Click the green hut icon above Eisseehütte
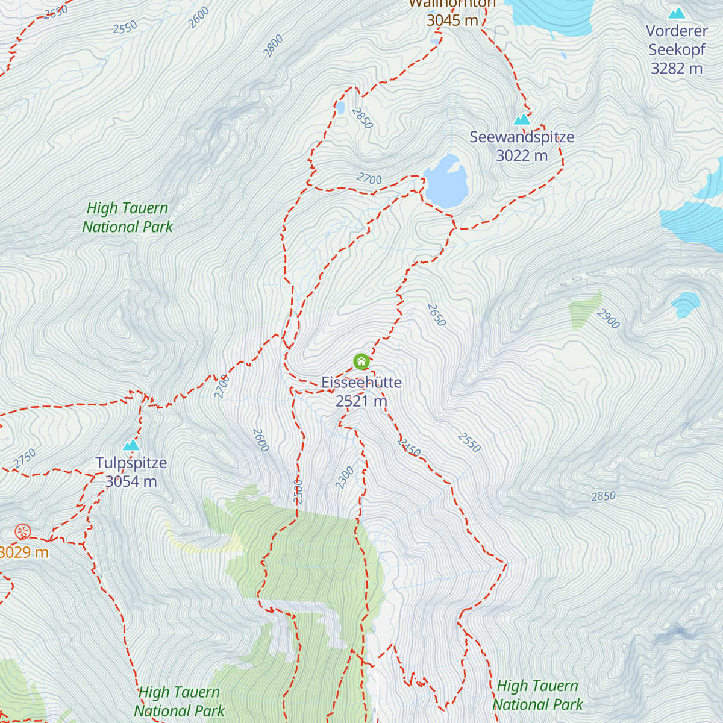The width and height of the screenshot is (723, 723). click(361, 361)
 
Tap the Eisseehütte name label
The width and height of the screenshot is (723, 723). click(361, 383)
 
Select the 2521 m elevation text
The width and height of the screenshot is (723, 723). click(361, 401)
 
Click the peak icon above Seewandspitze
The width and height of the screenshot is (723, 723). click(522, 119)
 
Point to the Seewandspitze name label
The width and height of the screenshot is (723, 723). click(522, 137)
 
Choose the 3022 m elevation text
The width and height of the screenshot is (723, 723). click(522, 156)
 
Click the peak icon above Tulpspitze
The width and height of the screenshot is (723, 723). click(131, 445)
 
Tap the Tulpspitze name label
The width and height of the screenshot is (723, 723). click(131, 463)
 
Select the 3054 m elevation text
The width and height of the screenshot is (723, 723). click(131, 482)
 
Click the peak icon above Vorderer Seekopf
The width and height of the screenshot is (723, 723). click(677, 13)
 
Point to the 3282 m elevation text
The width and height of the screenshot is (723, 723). click(677, 69)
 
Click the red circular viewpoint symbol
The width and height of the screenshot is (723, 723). click(22, 532)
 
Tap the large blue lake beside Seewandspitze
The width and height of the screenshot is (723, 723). click(446, 181)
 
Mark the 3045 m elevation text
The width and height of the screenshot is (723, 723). click(452, 20)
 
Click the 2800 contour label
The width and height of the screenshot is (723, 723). click(273, 46)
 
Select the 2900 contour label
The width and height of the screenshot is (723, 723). click(608, 318)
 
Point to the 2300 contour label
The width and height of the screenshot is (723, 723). click(345, 478)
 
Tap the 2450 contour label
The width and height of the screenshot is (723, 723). click(409, 448)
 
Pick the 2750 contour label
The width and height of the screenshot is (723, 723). click(25, 459)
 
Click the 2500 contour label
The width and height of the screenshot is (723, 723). click(298, 492)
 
